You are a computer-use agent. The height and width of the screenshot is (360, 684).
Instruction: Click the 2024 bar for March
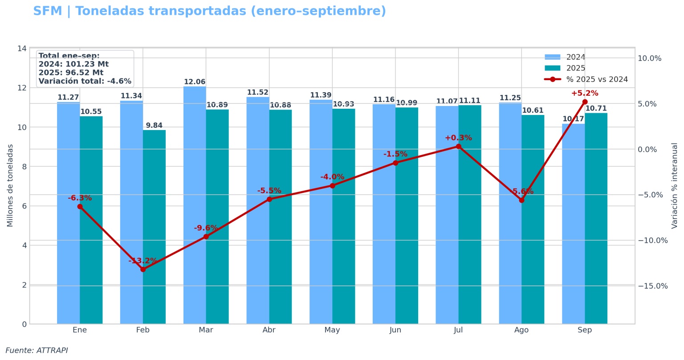[x=195, y=205]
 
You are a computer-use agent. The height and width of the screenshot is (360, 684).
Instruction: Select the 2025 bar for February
[x=154, y=227]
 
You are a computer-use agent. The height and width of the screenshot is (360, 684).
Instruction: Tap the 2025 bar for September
[x=596, y=218]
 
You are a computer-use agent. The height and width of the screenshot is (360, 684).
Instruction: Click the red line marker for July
[x=458, y=147]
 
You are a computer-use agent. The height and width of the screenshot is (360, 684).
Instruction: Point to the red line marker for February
[x=143, y=270]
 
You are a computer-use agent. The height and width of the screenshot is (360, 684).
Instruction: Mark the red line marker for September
[x=585, y=102]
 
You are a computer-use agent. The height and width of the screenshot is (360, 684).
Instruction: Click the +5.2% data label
[x=584, y=94]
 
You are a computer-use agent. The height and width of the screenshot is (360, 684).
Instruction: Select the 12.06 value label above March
[x=195, y=82]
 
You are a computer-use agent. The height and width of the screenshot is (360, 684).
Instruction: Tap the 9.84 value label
[x=154, y=126]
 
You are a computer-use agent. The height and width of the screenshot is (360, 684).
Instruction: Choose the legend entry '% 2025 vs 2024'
[x=586, y=79]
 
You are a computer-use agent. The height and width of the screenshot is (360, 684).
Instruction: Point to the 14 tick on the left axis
[x=22, y=48]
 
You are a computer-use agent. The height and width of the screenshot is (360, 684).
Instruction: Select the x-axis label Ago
[x=521, y=330]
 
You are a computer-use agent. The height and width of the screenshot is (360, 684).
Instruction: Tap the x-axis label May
[x=332, y=330]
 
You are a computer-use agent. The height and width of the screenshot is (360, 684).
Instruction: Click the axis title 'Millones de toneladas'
[x=10, y=185]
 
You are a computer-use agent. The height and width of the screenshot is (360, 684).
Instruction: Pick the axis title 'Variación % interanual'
[x=674, y=185]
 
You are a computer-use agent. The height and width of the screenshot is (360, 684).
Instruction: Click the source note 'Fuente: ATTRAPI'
[x=37, y=351]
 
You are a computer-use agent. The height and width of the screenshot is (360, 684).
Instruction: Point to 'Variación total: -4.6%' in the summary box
[x=85, y=81]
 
